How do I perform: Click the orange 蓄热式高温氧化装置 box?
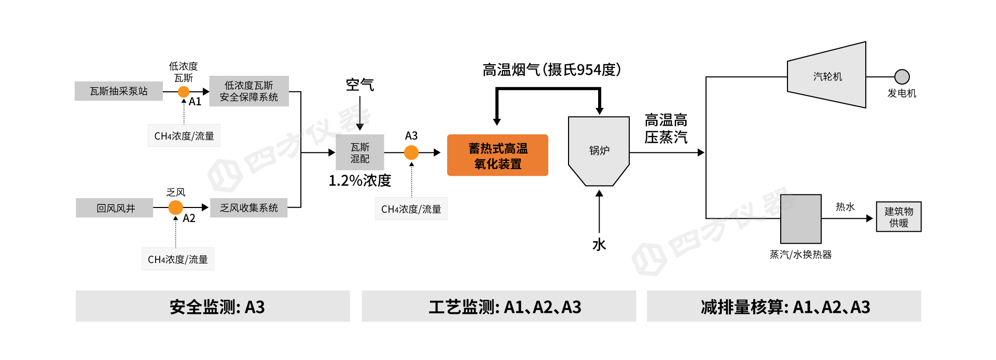[x=497, y=156]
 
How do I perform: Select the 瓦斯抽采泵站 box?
[x=119, y=91]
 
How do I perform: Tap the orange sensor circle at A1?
[x=184, y=92]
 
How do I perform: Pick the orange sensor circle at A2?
[x=176, y=207]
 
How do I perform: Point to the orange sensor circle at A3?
[x=411, y=153]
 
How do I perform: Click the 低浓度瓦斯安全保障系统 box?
[x=249, y=91]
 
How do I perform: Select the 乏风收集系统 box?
[x=249, y=208]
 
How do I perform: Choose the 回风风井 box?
[x=115, y=208]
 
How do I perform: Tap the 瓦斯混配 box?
[x=360, y=153]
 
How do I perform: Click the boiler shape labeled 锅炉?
[x=599, y=150]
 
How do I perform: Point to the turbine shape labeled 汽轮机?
[x=827, y=76]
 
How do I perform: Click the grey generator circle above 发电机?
[x=902, y=77]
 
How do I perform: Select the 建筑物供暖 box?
[x=899, y=217]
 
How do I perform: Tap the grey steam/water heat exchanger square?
[x=801, y=219]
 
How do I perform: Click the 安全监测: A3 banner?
[x=213, y=307]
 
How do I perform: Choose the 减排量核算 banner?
[x=784, y=307]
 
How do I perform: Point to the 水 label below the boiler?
[x=599, y=245]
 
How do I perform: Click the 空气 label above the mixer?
[x=360, y=85]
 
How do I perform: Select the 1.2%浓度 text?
[x=360, y=181]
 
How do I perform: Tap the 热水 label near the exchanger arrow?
[x=845, y=207]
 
